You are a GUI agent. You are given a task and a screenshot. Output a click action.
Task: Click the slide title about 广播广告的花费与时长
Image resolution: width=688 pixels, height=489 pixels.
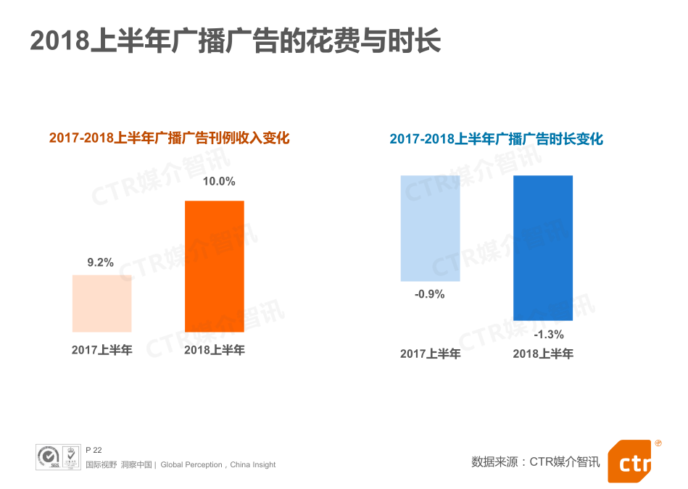(x=235, y=41)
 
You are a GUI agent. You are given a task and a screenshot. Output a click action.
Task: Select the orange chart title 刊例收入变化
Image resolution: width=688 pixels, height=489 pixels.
(x=169, y=138)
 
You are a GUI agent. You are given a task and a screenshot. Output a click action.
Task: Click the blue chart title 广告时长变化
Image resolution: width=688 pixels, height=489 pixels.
(x=496, y=139)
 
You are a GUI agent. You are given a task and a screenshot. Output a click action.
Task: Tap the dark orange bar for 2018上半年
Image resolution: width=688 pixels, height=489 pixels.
(x=214, y=266)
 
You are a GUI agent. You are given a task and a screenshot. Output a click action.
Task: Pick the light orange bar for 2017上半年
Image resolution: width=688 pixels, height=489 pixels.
(x=101, y=304)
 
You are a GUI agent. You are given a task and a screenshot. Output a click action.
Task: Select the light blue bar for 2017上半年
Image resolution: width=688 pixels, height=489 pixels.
(x=430, y=227)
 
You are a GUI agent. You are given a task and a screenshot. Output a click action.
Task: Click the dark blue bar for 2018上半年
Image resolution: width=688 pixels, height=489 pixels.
(x=542, y=248)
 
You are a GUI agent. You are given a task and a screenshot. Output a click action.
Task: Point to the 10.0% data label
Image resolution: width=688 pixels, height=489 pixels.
(x=218, y=182)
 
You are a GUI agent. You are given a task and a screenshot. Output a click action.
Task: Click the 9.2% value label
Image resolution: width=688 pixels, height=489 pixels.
(x=101, y=263)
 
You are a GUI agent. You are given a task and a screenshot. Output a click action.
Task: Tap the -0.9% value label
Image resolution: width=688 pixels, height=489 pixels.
(x=429, y=294)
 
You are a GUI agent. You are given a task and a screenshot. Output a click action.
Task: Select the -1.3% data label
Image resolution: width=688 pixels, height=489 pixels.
(x=548, y=335)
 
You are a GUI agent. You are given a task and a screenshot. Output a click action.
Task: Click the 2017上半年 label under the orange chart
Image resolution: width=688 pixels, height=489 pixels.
(x=101, y=350)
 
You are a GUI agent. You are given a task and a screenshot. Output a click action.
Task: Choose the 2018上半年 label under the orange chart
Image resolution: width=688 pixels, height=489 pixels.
(x=214, y=350)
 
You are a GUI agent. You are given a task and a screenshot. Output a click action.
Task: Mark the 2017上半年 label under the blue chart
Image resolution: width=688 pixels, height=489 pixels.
(x=430, y=354)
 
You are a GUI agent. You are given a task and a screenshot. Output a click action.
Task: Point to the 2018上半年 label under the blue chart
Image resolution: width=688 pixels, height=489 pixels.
(x=543, y=354)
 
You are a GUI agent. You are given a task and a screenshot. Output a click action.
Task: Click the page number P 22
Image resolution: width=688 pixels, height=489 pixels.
(x=94, y=450)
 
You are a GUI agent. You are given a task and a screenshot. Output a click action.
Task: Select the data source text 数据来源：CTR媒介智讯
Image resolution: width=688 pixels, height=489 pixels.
(x=535, y=461)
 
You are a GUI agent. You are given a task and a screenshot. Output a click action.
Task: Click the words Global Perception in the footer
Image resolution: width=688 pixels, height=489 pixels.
(x=191, y=465)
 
